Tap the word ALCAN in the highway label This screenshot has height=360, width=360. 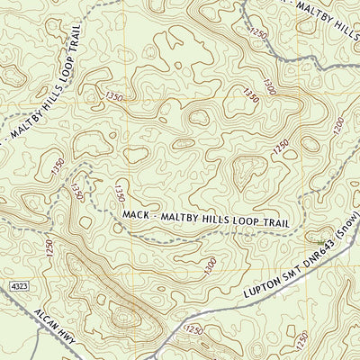(46, 316)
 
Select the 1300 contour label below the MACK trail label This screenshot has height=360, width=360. (210, 265)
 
